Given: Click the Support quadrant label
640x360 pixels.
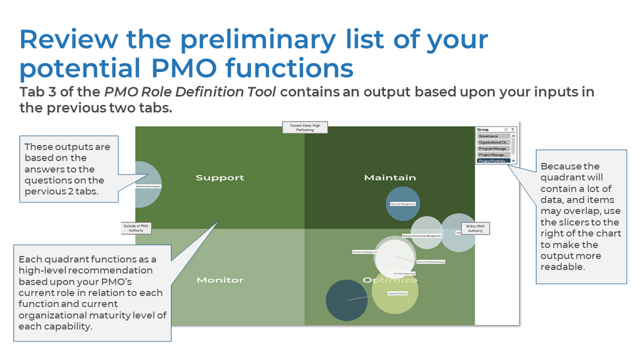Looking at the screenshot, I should pos(220,178).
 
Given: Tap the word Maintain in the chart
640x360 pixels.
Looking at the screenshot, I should pos(390,177).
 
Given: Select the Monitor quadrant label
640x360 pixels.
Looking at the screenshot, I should pos(220,280).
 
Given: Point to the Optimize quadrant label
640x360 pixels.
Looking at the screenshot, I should pos(390,280).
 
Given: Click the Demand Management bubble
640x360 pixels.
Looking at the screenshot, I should pos(402,204).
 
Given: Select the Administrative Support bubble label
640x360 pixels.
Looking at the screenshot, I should pos(148,187).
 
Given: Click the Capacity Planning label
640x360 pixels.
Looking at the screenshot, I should pos(397,294).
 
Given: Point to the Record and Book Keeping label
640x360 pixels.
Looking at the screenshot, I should pos(431,262).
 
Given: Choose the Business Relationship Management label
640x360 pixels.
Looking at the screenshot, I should pos(422,236).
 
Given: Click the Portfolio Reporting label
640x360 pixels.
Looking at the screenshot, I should pos(405,273).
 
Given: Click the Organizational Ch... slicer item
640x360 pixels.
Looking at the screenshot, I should pos(494,143).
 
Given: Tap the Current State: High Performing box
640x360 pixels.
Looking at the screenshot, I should pos(305,128).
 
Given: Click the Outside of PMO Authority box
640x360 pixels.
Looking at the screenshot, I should pos(136,227).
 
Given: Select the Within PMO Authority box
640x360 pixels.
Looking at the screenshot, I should pos(474,228).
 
